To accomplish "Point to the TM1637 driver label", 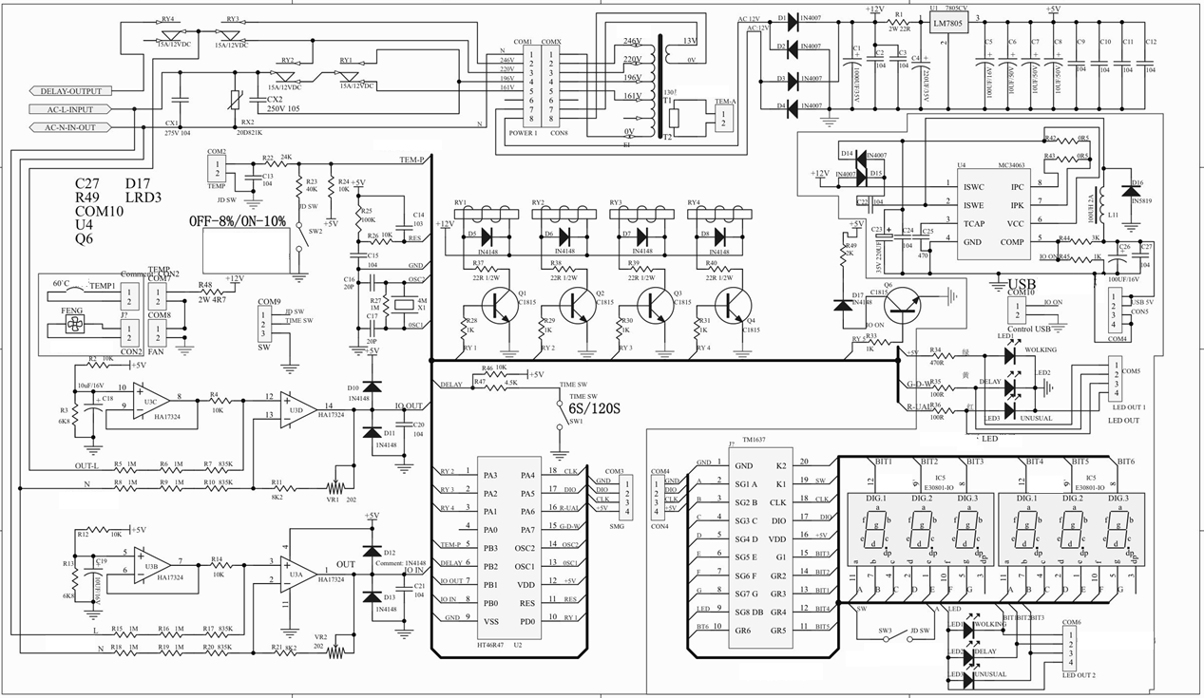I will (x=753, y=440).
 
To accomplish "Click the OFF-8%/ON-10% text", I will (x=237, y=220).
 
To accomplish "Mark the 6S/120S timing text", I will (x=595, y=408).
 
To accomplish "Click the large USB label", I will (x=1022, y=283).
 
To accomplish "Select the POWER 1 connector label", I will (x=522, y=133).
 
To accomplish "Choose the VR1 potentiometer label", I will (x=333, y=498).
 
